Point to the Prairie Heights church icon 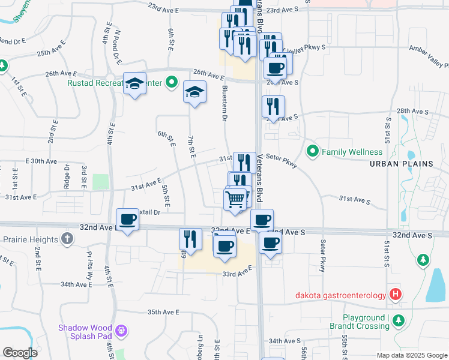[67, 239]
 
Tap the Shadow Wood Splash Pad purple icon [122, 329]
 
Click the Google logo [20, 353]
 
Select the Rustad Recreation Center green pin [171, 83]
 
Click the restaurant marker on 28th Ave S [273, 107]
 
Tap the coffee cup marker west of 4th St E [127, 220]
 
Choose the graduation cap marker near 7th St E [194, 92]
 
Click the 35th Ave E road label [164, 312]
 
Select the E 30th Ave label [41, 161]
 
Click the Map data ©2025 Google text [411, 355]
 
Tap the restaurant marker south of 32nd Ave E [190, 238]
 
